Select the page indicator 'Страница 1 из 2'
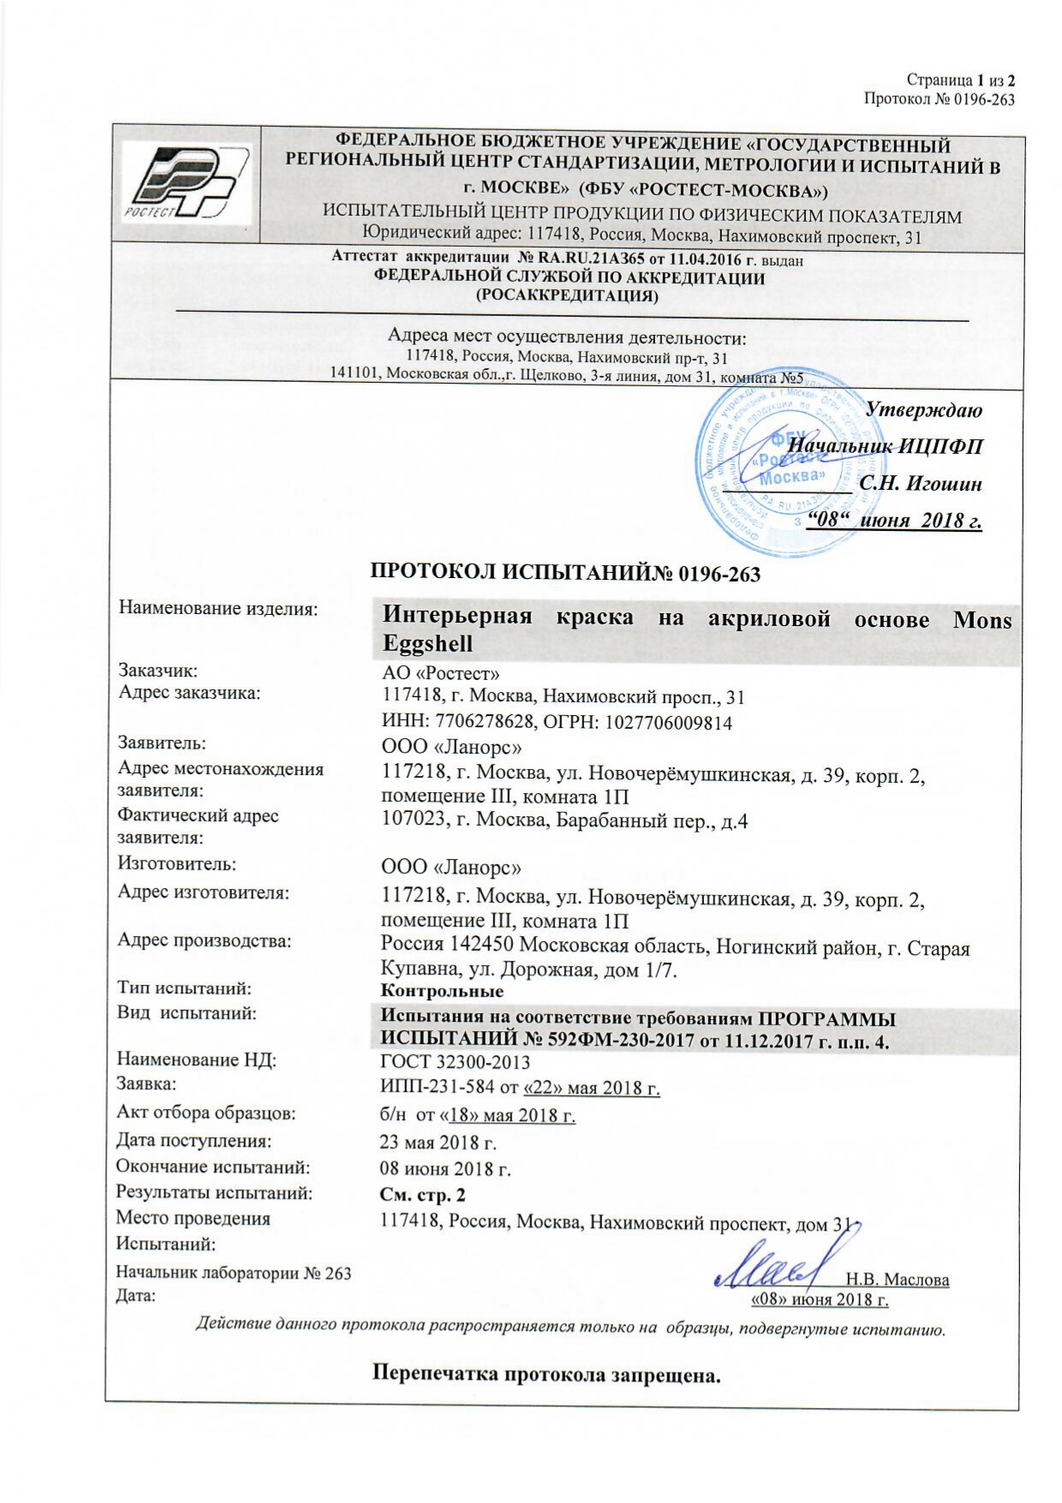[x=960, y=81]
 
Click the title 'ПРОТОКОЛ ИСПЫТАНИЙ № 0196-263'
[x=565, y=573]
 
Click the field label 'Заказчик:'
[x=158, y=671]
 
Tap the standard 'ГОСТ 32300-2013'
[x=455, y=1062]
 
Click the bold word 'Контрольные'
[x=442, y=991]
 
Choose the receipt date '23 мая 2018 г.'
[x=438, y=1142]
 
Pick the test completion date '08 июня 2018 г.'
[x=444, y=1168]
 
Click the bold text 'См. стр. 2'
[x=422, y=1195]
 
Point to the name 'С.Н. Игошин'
[x=921, y=483]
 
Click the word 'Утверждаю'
[x=923, y=409]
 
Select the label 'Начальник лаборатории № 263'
[x=234, y=1273]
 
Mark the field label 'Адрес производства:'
[x=205, y=940]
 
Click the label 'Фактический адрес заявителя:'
[x=198, y=826]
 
